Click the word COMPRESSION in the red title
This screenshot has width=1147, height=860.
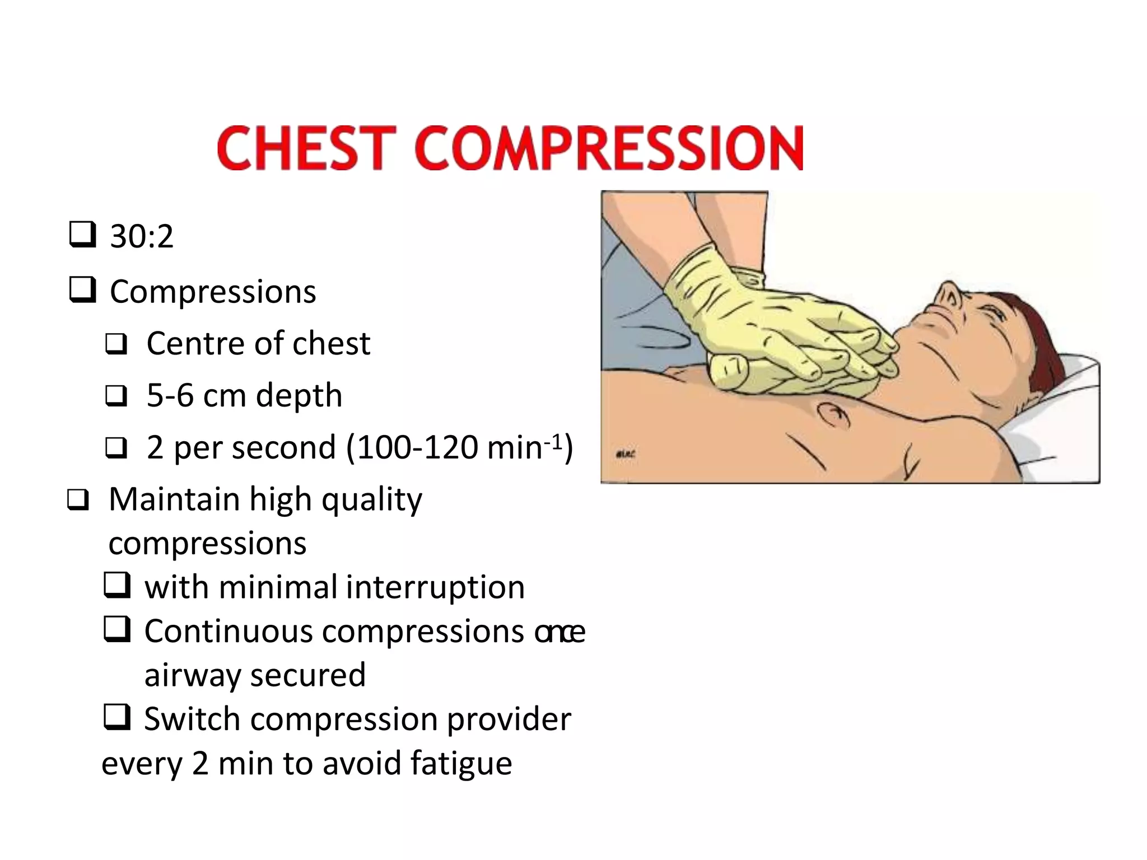pyautogui.click(x=609, y=148)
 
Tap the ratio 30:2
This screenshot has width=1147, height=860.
pyautogui.click(x=141, y=236)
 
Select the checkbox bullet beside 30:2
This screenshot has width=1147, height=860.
pyautogui.click(x=82, y=235)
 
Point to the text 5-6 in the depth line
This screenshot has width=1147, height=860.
pyautogui.click(x=170, y=395)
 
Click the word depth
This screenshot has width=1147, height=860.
pyautogui.click(x=299, y=396)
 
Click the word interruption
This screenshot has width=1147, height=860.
pyautogui.click(x=435, y=587)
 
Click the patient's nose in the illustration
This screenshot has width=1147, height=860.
pyautogui.click(x=948, y=291)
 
